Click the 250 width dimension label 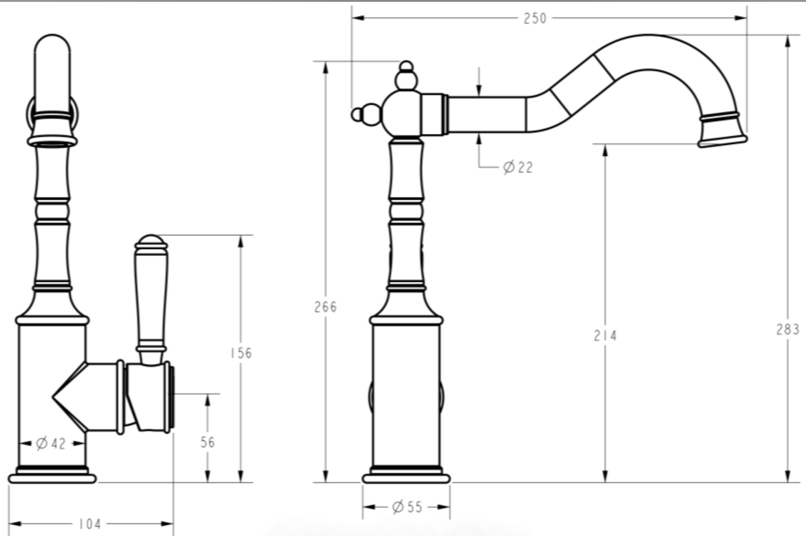coord(534,18)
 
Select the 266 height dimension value coord(325,307)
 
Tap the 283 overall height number coord(787,330)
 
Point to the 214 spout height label coord(605,335)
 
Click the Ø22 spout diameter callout coord(518,167)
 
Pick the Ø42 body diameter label coord(51,443)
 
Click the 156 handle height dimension coord(241,353)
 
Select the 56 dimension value coord(207,442)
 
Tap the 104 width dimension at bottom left coord(89,524)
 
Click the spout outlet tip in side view coord(722,140)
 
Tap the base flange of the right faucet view coord(406,478)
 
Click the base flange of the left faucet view coord(52,478)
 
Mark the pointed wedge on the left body coord(61,397)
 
